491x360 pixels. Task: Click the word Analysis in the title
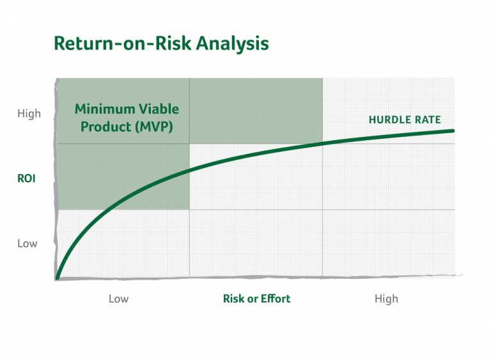(231, 43)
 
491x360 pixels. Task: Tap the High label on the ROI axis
(29, 114)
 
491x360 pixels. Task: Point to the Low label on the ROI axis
(27, 244)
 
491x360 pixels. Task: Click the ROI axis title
(26, 179)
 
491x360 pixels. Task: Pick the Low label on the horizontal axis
(118, 299)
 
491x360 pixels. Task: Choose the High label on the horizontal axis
(386, 299)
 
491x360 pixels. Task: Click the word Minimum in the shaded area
(105, 109)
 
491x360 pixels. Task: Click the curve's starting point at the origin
(58, 278)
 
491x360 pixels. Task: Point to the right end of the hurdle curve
(453, 130)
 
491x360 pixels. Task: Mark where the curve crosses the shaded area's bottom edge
(106, 209)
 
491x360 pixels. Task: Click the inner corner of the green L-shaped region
(190, 144)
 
